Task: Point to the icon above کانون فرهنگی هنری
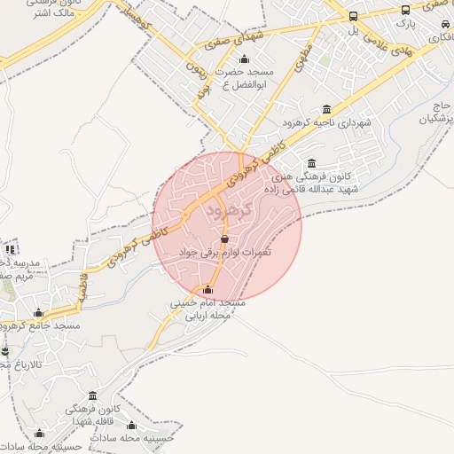click(x=310, y=163)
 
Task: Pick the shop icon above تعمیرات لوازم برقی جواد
click(x=223, y=239)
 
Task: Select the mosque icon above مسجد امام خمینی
click(x=207, y=289)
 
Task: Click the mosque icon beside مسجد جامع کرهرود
click(x=38, y=313)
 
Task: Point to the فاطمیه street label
click(x=83, y=289)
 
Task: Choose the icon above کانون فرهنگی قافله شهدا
click(x=93, y=395)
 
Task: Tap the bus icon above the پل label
click(x=354, y=16)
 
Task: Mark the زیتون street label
click(x=193, y=64)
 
